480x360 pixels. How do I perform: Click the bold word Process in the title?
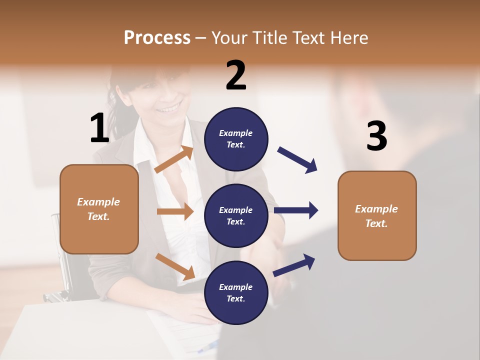coord(157,37)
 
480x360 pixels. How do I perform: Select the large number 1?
coord(99,128)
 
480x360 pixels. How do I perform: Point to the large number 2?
coord(236,75)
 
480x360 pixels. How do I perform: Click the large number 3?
coord(376,136)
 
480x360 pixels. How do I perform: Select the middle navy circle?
coord(236,215)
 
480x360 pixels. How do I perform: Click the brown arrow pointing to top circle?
coord(174,159)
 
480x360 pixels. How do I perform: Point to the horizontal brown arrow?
coord(175,211)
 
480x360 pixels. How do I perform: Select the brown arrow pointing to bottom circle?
coord(175,266)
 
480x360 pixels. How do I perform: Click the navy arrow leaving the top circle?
coord(297,159)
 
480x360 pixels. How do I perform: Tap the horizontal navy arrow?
coord(296,210)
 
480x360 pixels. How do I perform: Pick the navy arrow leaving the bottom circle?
coord(294,265)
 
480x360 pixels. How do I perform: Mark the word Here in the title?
coord(350,37)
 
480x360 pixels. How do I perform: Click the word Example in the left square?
coord(98,202)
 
